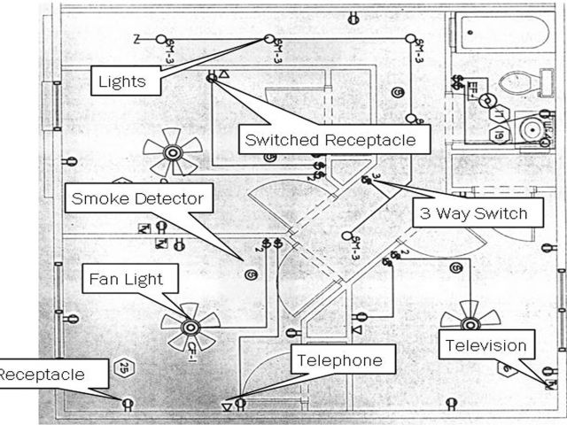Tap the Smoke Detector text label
point(138,198)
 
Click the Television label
point(486,345)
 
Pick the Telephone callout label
point(339,360)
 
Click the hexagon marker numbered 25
point(125,367)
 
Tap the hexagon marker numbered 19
point(499,135)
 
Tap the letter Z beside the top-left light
point(136,40)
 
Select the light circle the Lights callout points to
point(268,40)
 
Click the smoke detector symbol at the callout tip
point(251,275)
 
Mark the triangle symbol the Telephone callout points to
point(227,406)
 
